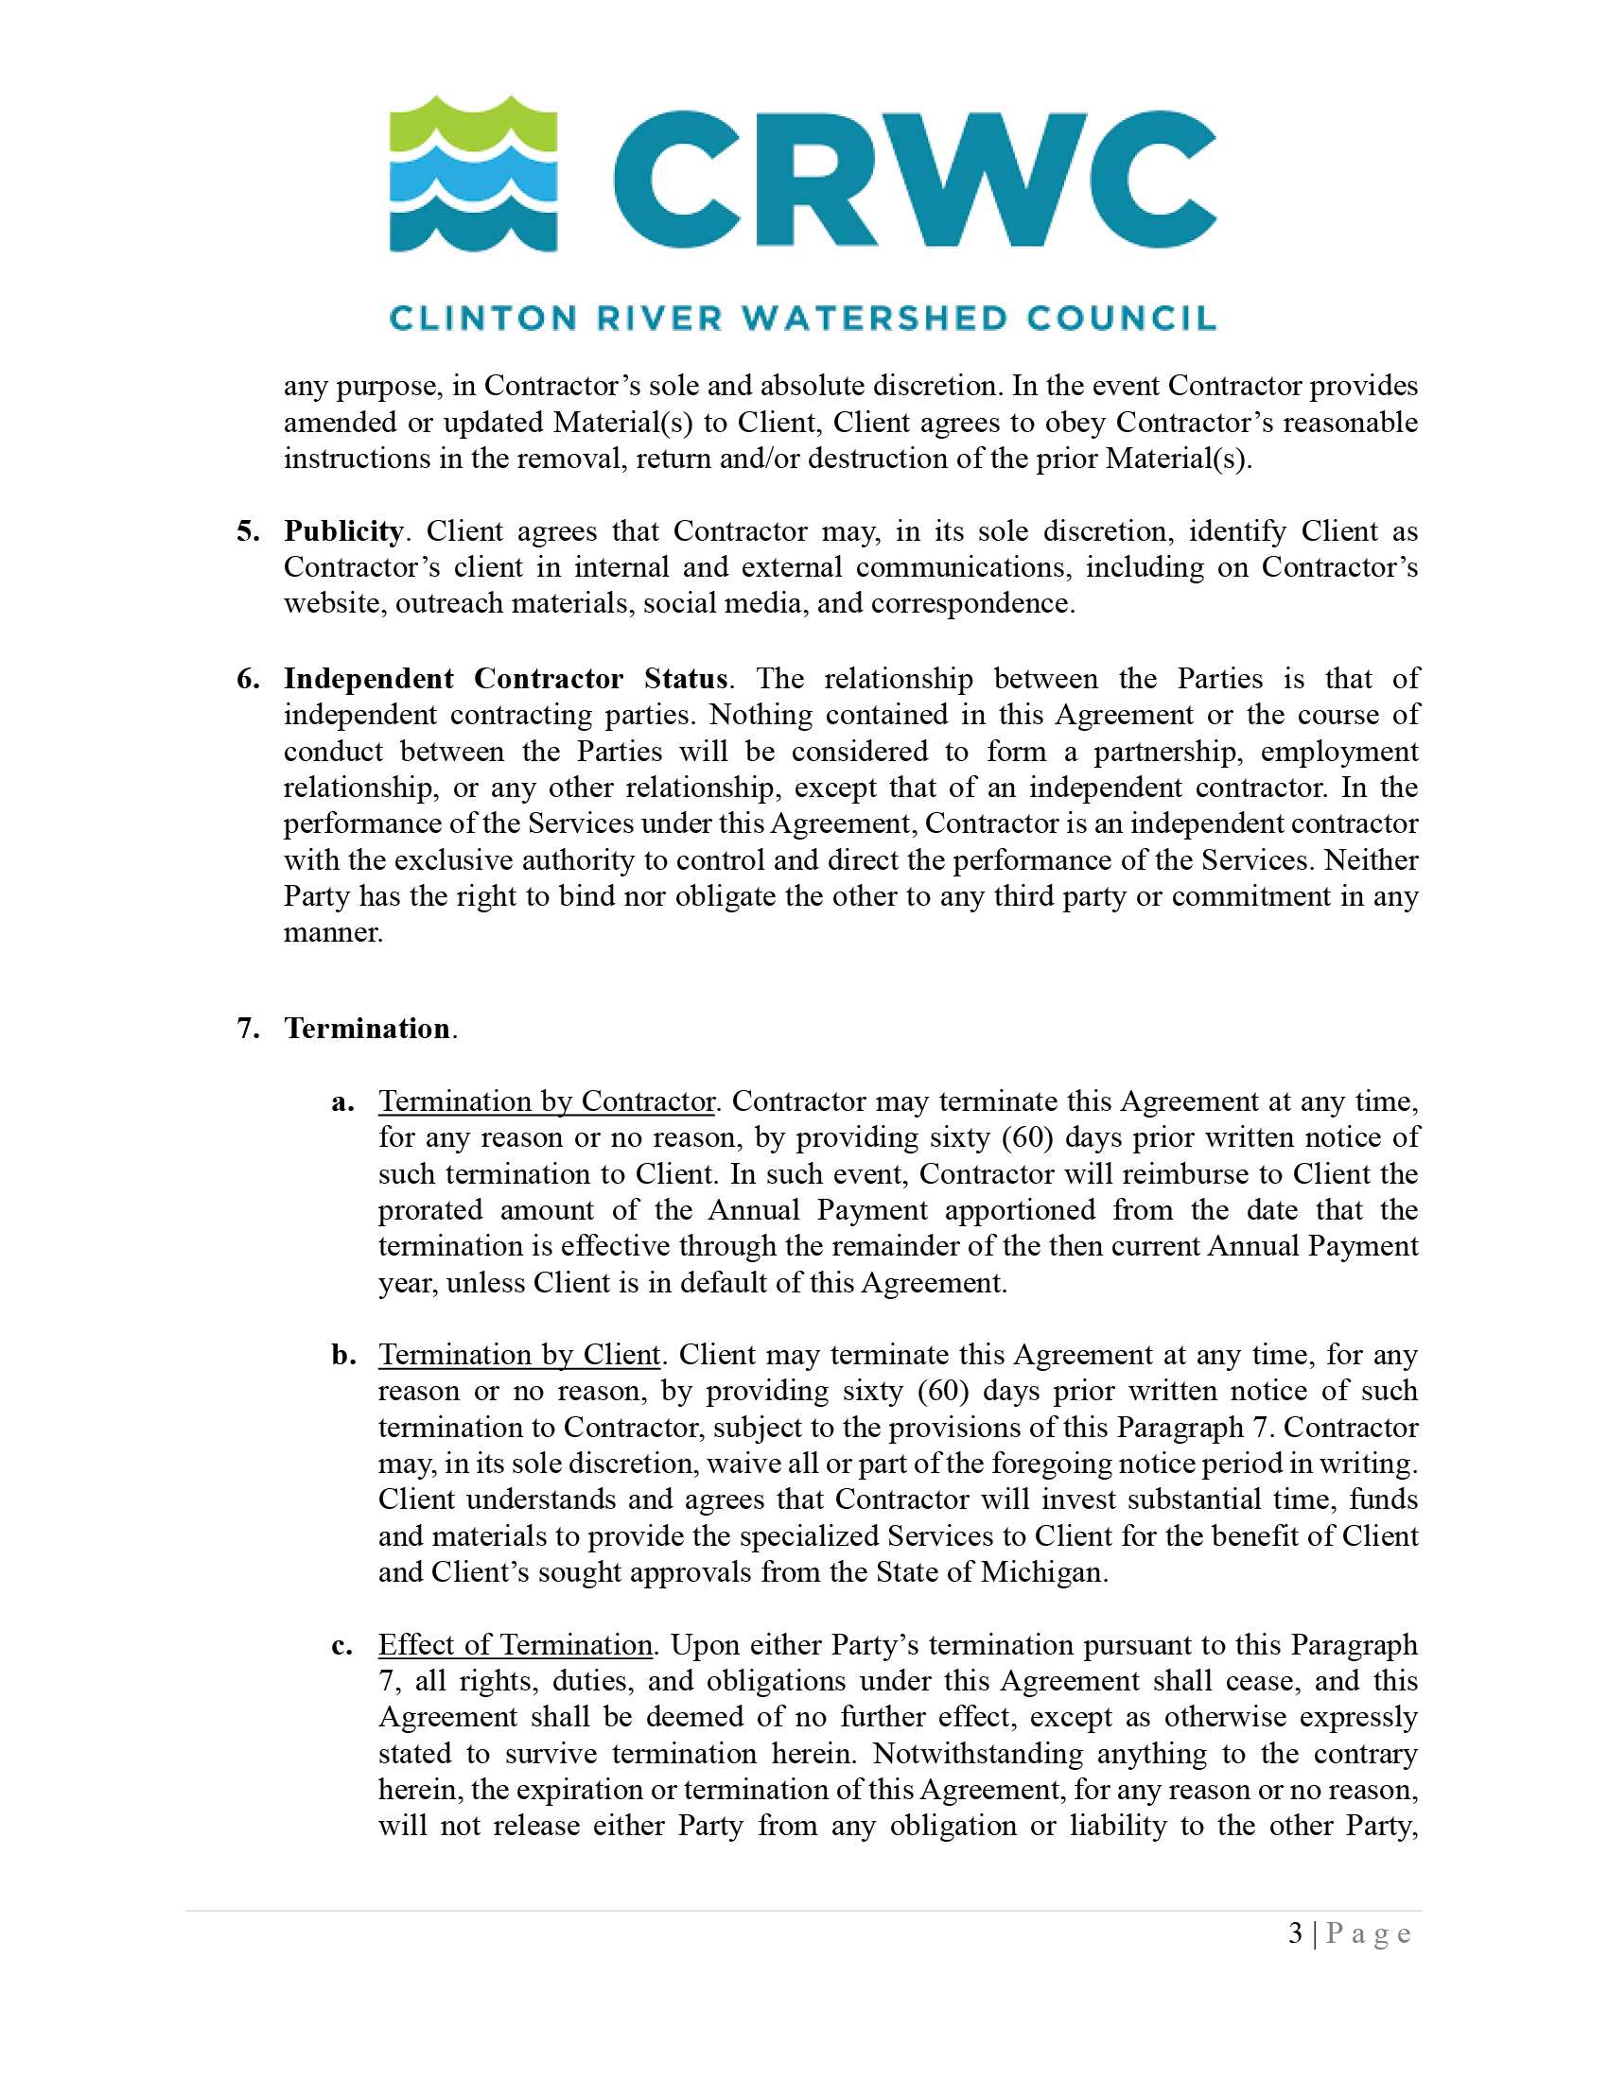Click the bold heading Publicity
point(343,531)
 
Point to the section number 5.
point(248,531)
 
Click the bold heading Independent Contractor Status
point(505,679)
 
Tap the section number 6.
point(248,679)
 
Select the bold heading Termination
point(367,1029)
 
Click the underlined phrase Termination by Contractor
point(546,1101)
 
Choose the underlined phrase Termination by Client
point(519,1355)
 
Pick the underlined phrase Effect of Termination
point(515,1646)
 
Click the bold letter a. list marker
point(343,1101)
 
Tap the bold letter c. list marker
point(343,1646)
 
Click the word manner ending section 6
point(331,933)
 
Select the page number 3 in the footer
point(1296,1934)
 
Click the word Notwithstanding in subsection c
point(977,1754)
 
